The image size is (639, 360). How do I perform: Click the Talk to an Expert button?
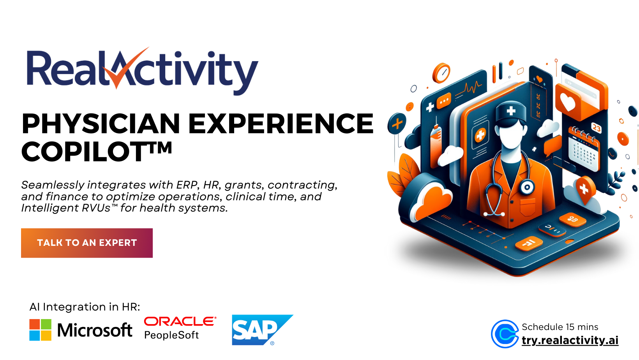[x=87, y=243]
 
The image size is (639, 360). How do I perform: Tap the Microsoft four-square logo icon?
[x=40, y=330]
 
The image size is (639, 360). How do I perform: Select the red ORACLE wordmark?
[x=180, y=321]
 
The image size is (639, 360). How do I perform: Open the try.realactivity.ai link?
[x=570, y=340]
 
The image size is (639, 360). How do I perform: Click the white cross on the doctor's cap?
[x=511, y=111]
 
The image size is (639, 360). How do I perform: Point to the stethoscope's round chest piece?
[x=527, y=187]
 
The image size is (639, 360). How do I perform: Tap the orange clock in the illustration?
[x=441, y=73]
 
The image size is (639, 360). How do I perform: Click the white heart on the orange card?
[x=568, y=102]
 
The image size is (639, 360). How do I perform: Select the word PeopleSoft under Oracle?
[x=171, y=335]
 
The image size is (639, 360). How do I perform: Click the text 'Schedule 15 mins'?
[x=560, y=327]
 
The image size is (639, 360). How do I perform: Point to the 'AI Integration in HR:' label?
[x=85, y=307]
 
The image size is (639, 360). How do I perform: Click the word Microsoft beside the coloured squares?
[x=95, y=330]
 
